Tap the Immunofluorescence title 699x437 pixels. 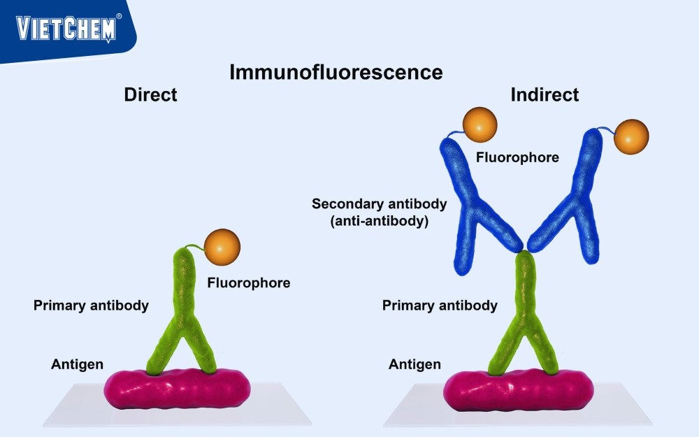336,72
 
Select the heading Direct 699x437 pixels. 150,94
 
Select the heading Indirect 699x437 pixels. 545,94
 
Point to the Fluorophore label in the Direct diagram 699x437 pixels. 248,283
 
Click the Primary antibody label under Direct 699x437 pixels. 91,306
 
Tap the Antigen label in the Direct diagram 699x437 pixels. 77,364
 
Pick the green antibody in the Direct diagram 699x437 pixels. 183,308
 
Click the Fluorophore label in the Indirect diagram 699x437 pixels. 517,157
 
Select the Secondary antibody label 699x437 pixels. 379,204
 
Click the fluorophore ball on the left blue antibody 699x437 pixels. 480,124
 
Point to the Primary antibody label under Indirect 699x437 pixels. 440,306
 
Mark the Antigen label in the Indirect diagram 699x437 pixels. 415,364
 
